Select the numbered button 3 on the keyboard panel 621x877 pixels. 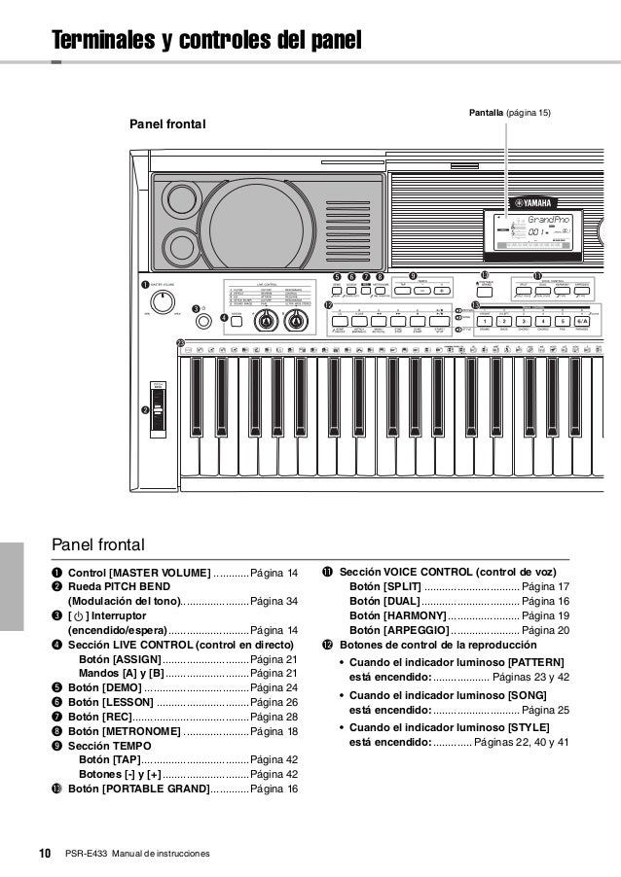tap(524, 321)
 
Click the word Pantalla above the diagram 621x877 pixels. tap(487, 114)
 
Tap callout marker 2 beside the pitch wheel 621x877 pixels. tap(146, 411)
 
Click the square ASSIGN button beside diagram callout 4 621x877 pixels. tap(237, 322)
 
